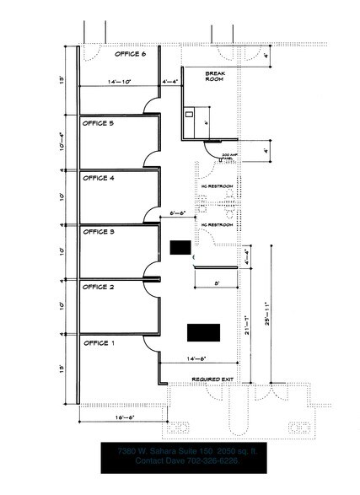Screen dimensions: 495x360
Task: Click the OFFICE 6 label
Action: click(x=130, y=54)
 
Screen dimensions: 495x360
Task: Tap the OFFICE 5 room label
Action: click(x=99, y=123)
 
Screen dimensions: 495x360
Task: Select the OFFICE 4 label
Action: click(x=99, y=178)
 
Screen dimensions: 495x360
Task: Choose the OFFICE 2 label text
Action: click(x=99, y=288)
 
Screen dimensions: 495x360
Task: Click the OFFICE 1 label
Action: click(x=99, y=343)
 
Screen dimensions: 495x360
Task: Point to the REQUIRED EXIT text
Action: click(x=212, y=379)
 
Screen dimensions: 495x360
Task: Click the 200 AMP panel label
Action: click(x=228, y=158)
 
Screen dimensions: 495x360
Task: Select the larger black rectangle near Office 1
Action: click(x=203, y=331)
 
